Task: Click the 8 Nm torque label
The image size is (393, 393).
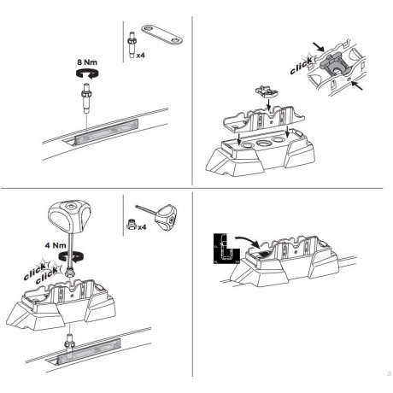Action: coord(87,62)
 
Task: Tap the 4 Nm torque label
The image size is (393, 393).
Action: coord(56,245)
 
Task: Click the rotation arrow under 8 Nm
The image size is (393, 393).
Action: coord(88,73)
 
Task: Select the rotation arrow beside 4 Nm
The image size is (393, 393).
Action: coord(71,255)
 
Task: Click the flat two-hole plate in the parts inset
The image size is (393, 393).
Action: coord(161,35)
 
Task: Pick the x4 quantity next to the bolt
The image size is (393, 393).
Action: coord(140,55)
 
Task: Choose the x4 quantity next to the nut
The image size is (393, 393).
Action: coord(142,227)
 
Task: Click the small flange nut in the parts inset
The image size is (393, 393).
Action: coord(132,224)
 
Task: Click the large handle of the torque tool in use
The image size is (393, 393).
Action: coord(69,215)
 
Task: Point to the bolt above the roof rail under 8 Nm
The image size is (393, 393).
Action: coord(86,97)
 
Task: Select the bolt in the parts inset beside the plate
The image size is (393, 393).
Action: coord(132,45)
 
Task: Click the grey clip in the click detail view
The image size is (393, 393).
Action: coord(331,65)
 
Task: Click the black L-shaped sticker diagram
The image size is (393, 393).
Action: coord(226,249)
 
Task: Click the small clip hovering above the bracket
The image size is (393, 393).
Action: coord(267,91)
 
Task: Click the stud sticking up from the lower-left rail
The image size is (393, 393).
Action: coord(69,341)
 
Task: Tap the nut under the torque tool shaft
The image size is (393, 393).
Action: coord(70,273)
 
